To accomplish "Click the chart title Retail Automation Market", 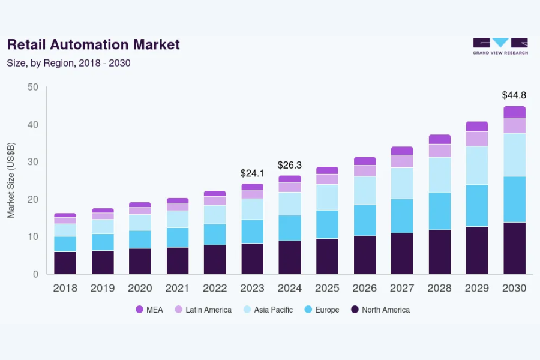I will pyautogui.click(x=93, y=44).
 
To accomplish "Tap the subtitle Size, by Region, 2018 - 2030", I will pyautogui.click(x=68, y=62).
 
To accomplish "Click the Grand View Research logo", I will pyautogui.click(x=500, y=46).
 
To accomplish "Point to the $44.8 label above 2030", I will pyautogui.click(x=514, y=95).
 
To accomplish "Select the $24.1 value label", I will pyautogui.click(x=252, y=173).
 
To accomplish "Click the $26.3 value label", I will pyautogui.click(x=289, y=164).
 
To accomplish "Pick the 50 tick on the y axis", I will pyautogui.click(x=33, y=88).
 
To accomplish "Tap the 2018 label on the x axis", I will pyautogui.click(x=65, y=288).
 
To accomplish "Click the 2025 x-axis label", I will pyautogui.click(x=327, y=288).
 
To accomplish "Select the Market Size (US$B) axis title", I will pyautogui.click(x=11, y=180).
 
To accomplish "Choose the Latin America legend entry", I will pyautogui.click(x=202, y=310).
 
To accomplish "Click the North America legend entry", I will pyautogui.click(x=380, y=310).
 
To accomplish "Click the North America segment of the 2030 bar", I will pyautogui.click(x=514, y=248).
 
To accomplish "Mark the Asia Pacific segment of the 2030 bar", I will pyautogui.click(x=514, y=155).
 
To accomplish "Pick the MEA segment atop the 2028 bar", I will pyautogui.click(x=439, y=139).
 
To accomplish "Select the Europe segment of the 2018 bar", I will pyautogui.click(x=65, y=244).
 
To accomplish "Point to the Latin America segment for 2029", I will pyautogui.click(x=477, y=139).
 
